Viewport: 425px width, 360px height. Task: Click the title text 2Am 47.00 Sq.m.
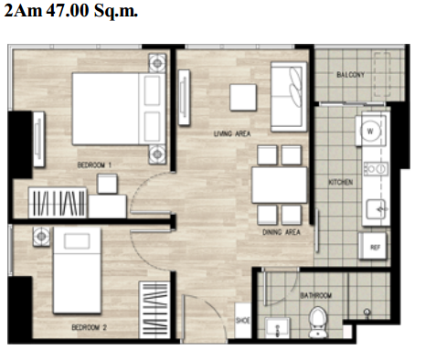tap(70, 11)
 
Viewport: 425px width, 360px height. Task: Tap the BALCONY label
tap(350, 74)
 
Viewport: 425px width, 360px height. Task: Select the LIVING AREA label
tap(232, 133)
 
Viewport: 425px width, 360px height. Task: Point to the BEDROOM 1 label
tap(94, 165)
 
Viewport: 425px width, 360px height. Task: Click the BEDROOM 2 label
tap(89, 327)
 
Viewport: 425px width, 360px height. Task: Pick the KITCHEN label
tap(341, 182)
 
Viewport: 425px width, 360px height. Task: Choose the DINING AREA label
tap(282, 232)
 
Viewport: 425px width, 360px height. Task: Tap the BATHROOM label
tap(315, 295)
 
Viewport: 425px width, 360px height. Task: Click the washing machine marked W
tap(371, 131)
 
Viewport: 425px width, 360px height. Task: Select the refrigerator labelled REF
tap(374, 247)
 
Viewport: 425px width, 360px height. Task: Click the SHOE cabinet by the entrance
tap(243, 321)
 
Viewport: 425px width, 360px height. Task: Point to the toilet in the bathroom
tap(318, 323)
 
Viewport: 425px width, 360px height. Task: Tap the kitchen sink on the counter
tap(377, 209)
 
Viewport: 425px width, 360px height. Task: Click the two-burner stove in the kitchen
tap(377, 168)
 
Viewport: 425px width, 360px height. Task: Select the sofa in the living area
tap(288, 97)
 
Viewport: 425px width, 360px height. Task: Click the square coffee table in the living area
tap(243, 98)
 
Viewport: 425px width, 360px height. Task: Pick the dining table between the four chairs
tap(279, 185)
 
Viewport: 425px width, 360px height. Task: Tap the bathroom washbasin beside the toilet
tap(277, 328)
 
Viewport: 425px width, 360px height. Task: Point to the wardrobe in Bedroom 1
tap(58, 203)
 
